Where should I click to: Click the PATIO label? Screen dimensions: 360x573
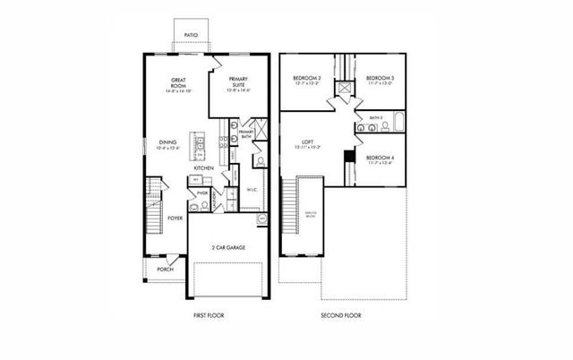click(x=190, y=35)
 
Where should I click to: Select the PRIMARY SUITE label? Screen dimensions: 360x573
click(x=237, y=81)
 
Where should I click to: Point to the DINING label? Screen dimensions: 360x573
click(x=167, y=142)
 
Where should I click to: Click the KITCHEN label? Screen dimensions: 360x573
click(x=203, y=167)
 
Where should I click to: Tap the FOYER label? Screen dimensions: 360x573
click(x=175, y=218)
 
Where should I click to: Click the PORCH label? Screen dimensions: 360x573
click(x=165, y=269)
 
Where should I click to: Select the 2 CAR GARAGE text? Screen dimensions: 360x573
click(x=228, y=247)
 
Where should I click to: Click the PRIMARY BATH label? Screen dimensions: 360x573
click(x=246, y=134)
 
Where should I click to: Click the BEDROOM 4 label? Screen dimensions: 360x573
click(x=381, y=158)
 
